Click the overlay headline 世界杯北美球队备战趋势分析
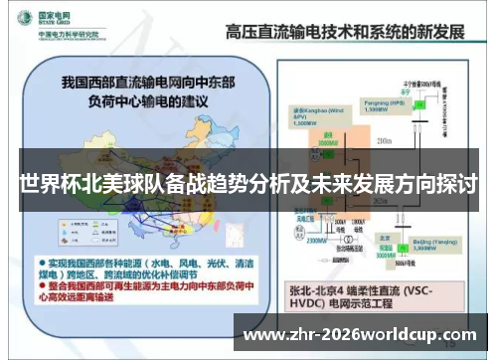pyautogui.click(x=248, y=185)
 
